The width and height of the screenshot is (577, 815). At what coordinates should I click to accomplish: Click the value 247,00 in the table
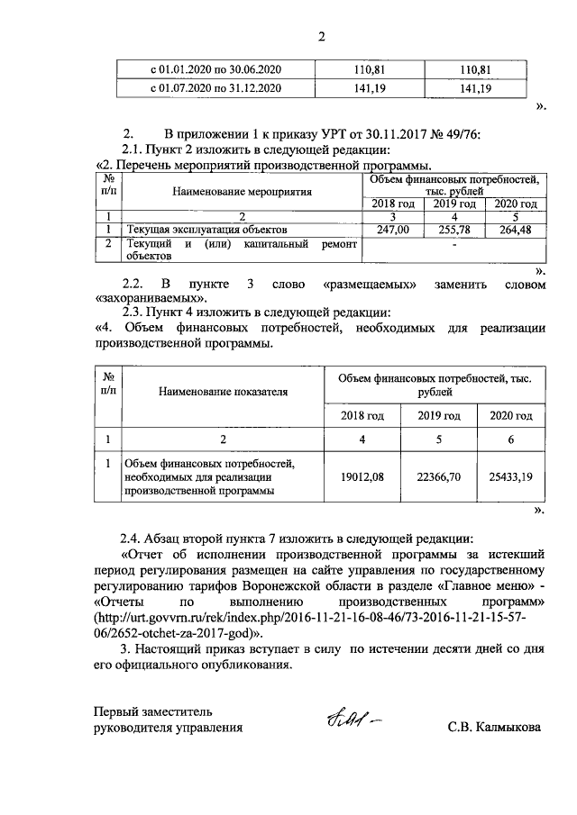point(393,230)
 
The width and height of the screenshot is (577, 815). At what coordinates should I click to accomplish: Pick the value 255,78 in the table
point(453,230)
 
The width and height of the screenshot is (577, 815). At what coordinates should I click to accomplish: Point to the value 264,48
point(515,230)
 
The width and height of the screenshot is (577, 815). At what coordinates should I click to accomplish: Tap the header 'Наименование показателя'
point(223,393)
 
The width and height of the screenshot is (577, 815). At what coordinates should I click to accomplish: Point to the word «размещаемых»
point(372,284)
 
